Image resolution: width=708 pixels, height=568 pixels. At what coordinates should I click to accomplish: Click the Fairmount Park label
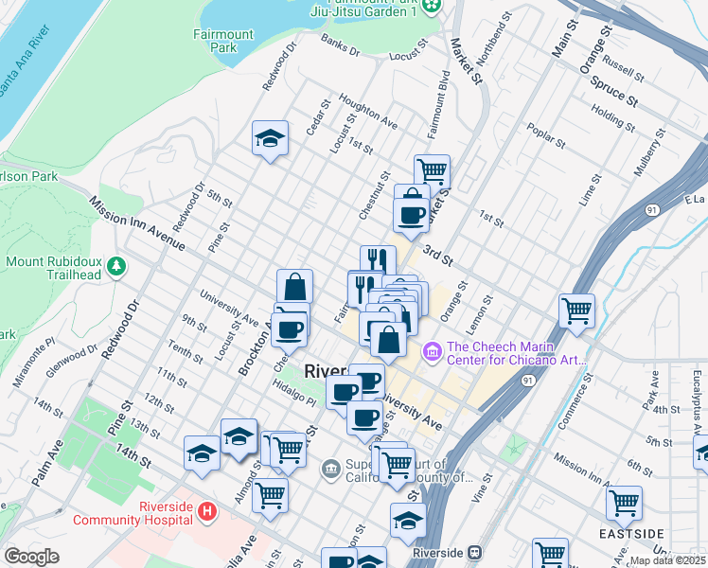[222, 41]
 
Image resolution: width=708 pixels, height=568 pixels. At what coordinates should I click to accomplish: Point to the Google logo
[31, 557]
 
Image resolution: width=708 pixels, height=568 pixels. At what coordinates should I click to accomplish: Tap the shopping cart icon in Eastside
[624, 504]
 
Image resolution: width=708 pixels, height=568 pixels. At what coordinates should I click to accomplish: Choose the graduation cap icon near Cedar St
[270, 140]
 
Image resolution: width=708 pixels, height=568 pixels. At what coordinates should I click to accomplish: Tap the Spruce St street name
[610, 90]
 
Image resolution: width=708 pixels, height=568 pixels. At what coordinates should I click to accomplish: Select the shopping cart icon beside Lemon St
[576, 311]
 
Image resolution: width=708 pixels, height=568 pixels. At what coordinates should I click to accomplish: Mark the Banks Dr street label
[340, 46]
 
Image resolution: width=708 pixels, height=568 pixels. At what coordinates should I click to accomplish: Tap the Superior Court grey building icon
[330, 468]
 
